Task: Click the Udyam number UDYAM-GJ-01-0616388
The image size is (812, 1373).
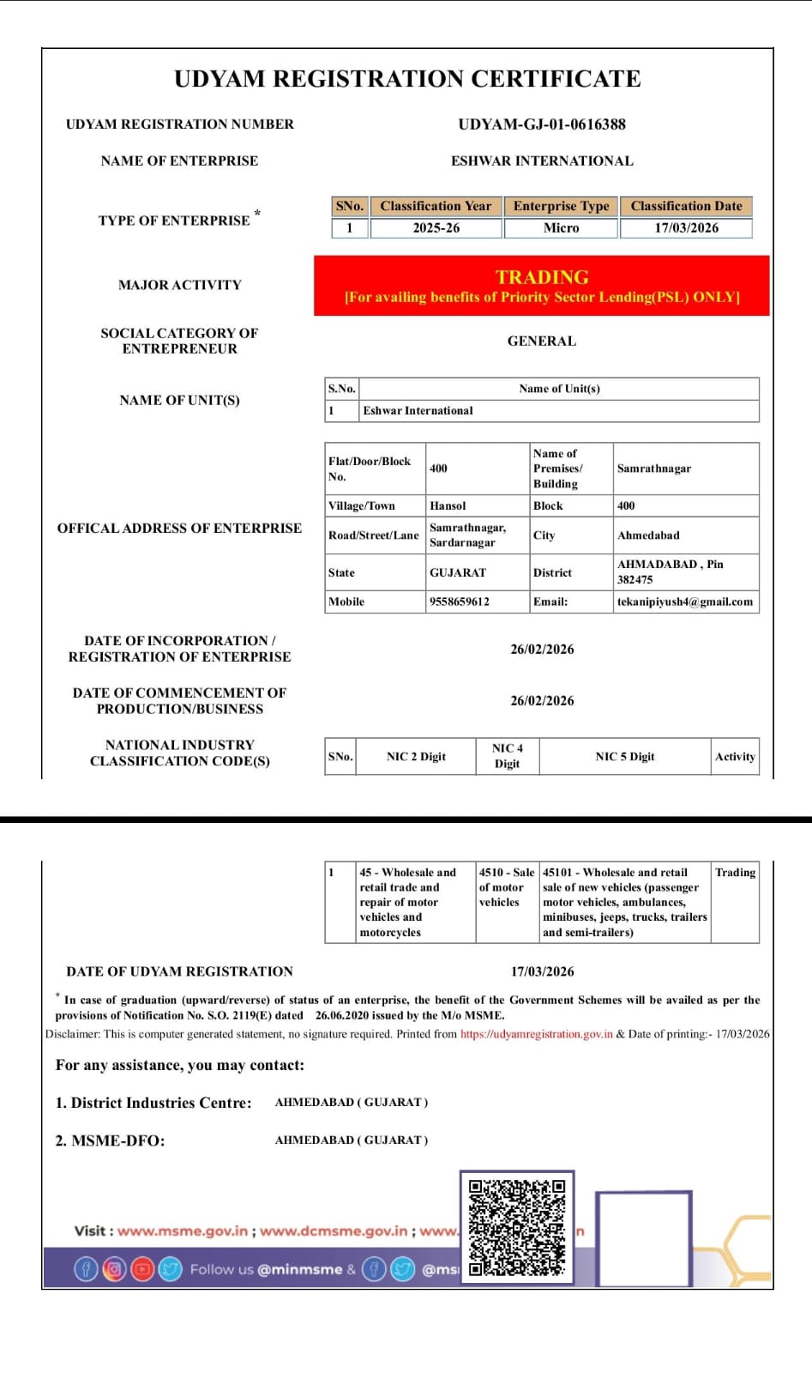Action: tap(542, 124)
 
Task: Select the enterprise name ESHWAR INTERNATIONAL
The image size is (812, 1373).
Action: tap(542, 161)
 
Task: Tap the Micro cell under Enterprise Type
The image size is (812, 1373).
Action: tap(561, 228)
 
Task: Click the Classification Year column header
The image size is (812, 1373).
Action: tap(436, 206)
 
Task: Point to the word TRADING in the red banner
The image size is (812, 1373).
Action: tap(542, 277)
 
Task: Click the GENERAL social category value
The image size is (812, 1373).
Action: tap(542, 342)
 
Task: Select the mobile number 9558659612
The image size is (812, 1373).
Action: tap(460, 602)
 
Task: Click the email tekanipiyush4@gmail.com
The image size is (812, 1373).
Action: tap(685, 602)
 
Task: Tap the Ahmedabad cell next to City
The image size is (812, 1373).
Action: tap(648, 535)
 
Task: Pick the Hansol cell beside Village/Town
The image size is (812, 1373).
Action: tap(448, 506)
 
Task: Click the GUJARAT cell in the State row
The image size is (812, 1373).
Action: tap(458, 573)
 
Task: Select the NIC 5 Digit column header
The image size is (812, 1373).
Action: tap(625, 757)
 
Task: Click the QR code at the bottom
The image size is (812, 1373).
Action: tap(517, 1228)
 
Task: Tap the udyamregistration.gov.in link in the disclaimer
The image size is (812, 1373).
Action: tap(537, 1034)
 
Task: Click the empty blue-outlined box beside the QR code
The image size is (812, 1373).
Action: tap(644, 1238)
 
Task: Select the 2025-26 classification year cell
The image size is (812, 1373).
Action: tap(436, 228)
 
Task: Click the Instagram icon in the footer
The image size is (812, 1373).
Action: tap(114, 1269)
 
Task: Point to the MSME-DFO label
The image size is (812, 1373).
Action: tap(110, 1141)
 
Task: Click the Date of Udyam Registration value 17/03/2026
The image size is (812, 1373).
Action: tap(542, 972)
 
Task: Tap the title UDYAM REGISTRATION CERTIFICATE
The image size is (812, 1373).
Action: tap(407, 79)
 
